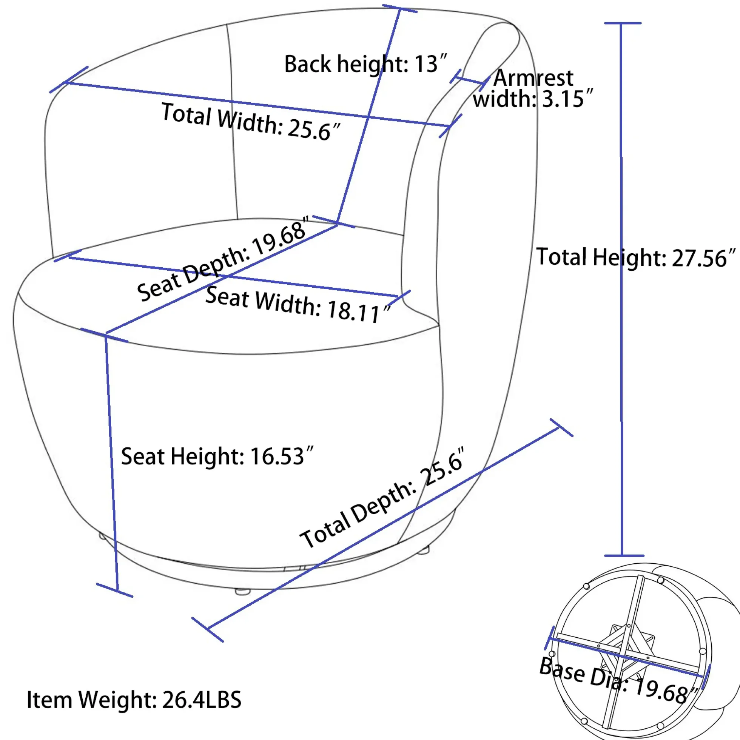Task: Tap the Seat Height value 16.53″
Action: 282,456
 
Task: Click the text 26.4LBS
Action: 202,700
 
